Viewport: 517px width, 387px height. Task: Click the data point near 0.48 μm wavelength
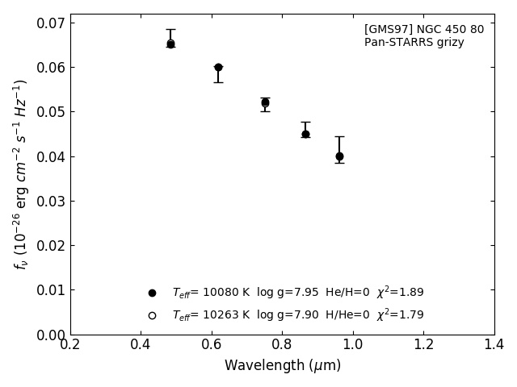point(170,44)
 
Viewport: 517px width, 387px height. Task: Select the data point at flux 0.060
point(218,68)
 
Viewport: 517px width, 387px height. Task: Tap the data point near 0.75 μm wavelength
point(265,102)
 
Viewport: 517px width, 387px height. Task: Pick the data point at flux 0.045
point(305,134)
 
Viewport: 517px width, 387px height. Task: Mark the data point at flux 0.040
point(339,156)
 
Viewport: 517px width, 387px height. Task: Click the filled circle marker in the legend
point(152,293)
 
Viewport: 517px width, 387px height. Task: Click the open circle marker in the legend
point(152,315)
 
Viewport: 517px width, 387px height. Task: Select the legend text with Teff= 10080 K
point(297,293)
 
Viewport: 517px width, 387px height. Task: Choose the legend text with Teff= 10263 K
point(297,315)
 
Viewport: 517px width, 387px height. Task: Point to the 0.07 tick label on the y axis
point(50,23)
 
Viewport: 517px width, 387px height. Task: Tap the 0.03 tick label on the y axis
point(50,201)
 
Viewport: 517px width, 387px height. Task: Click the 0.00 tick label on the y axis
point(50,335)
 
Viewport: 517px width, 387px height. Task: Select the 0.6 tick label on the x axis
point(212,345)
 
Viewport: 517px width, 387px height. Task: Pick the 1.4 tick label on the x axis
point(494,345)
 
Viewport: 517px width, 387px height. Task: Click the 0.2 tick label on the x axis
point(70,345)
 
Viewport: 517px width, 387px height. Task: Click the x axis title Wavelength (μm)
point(283,366)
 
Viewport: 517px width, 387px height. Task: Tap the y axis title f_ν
point(21,174)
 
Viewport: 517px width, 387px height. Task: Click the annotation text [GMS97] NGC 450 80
point(424,30)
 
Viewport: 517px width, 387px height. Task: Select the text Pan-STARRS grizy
point(414,43)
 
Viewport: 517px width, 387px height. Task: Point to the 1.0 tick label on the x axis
point(353,345)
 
